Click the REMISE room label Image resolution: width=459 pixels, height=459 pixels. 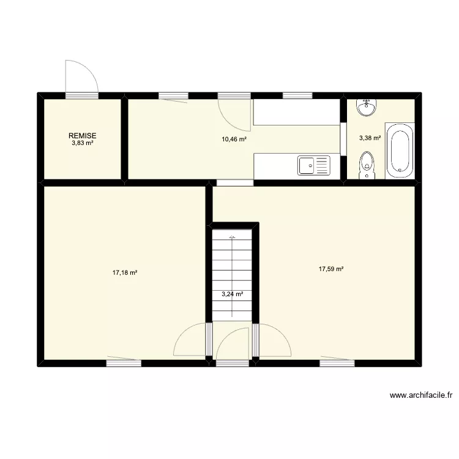coord(82,136)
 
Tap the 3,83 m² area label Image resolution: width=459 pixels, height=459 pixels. coord(82,143)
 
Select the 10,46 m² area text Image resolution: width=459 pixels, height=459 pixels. coord(234,140)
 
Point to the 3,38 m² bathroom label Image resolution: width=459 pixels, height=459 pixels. coord(370,138)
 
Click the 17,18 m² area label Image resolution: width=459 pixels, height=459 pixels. coord(125,273)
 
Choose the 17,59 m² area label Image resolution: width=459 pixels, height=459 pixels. coord(331,268)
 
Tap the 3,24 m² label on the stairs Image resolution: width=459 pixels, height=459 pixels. coord(233,294)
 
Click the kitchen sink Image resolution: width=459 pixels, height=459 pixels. coord(313,165)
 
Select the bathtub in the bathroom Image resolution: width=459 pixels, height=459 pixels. coord(400,151)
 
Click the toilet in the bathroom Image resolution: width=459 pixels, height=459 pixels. coord(367,165)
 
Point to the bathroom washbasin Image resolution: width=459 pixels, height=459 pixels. coord(367,107)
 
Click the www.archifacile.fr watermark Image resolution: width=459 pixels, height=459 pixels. coord(420,396)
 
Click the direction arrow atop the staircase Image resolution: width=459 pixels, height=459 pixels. coord(232,236)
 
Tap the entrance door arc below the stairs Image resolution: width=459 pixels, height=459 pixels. coord(233,344)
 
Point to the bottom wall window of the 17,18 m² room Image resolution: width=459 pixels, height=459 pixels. coord(124,363)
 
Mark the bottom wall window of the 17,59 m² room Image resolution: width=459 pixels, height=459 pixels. coord(337,363)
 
